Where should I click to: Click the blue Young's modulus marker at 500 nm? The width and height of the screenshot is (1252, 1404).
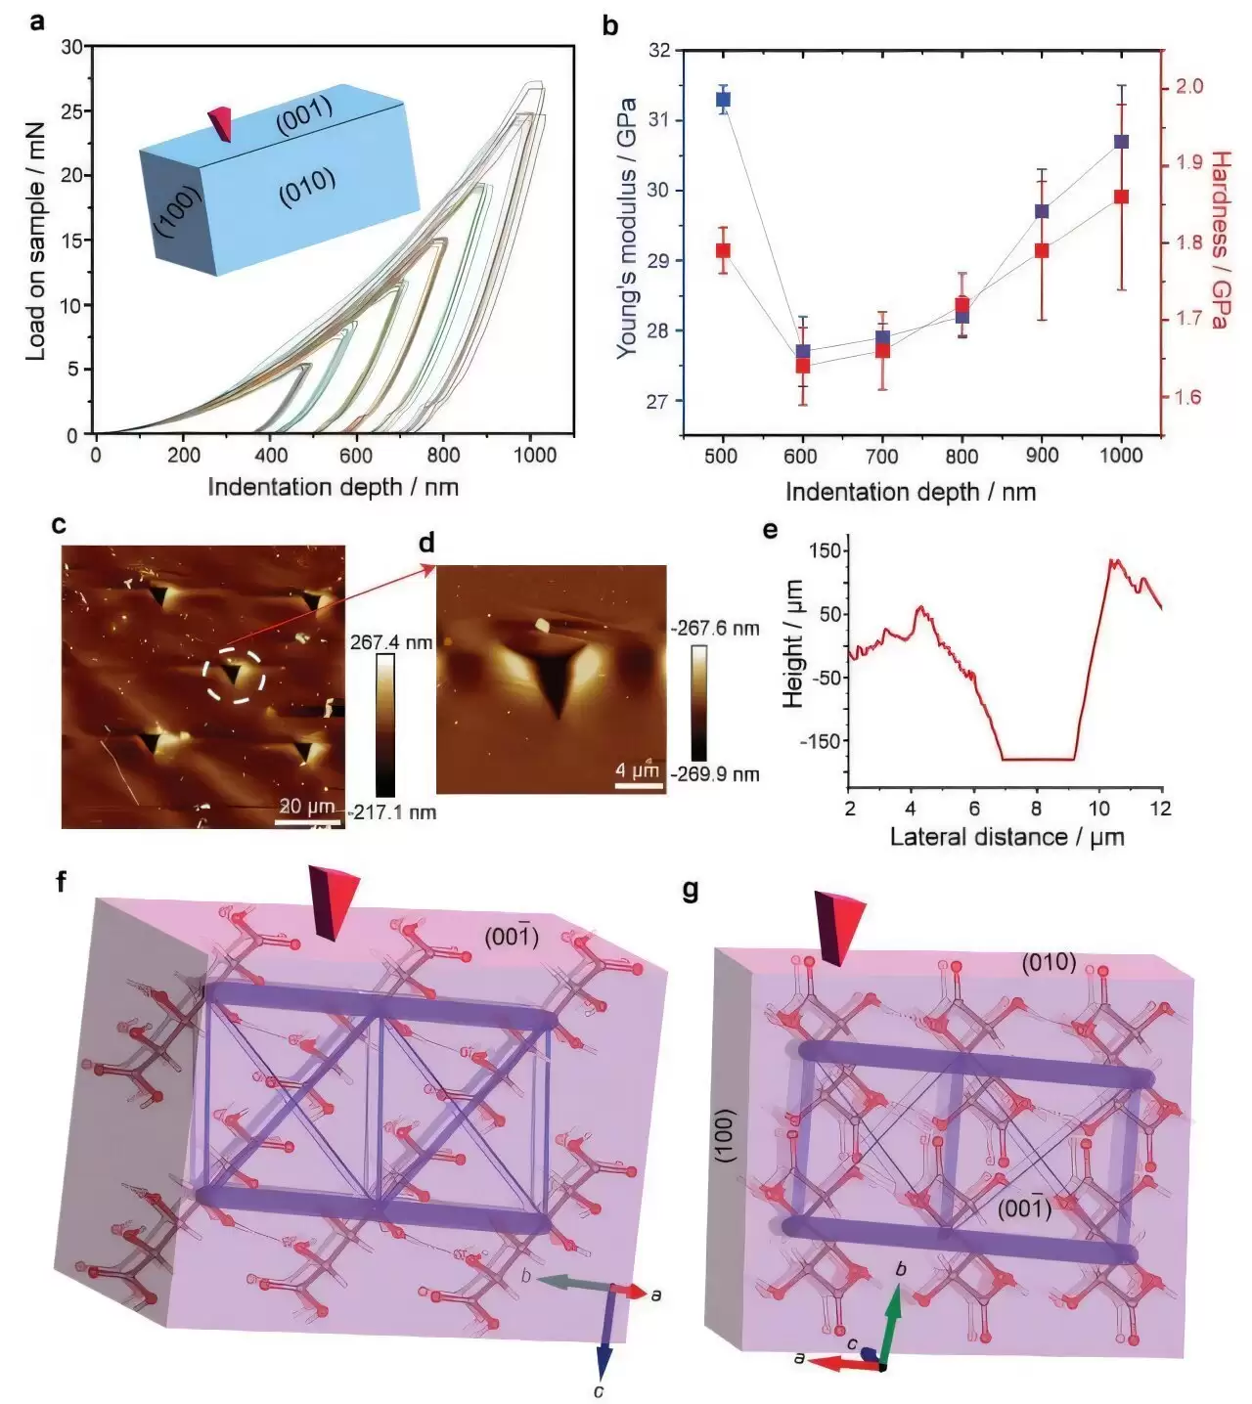pos(723,99)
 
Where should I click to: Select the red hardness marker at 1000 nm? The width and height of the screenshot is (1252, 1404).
pos(1121,197)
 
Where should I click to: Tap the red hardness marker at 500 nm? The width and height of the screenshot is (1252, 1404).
pos(723,250)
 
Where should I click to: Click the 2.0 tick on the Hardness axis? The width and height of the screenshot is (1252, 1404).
pos(1188,87)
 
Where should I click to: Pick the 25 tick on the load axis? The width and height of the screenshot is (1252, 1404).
pos(71,111)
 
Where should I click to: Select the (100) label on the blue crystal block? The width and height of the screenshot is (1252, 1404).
pos(177,212)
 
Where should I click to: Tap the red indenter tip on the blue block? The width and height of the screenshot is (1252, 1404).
pos(221,122)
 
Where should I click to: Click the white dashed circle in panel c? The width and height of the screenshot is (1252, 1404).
pos(234,674)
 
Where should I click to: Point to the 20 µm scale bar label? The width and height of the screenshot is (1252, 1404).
pos(307,807)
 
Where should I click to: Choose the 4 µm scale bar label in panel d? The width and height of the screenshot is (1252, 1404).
pos(637,770)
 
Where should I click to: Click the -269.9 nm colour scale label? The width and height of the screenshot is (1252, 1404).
pos(716,774)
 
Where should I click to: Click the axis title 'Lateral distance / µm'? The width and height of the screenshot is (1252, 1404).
pos(1006,837)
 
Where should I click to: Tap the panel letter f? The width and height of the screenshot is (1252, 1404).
pos(62,883)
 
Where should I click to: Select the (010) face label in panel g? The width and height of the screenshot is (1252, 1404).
pos(1049,963)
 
